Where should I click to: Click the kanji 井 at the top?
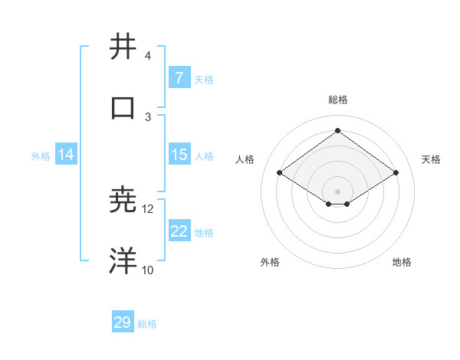pyautogui.click(x=123, y=47)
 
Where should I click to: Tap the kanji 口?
pyautogui.click(x=123, y=108)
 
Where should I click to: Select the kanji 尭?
pyautogui.click(x=123, y=200)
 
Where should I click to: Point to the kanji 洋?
pyautogui.click(x=123, y=261)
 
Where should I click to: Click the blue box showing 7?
pyautogui.click(x=179, y=78)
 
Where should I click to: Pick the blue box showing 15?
pyautogui.click(x=179, y=155)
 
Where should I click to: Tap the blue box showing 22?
pyautogui.click(x=179, y=231)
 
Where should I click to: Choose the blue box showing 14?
pyautogui.click(x=66, y=155)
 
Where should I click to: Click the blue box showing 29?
pyautogui.click(x=122, y=322)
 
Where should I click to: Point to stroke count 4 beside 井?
pyautogui.click(x=148, y=55)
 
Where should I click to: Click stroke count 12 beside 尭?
pyautogui.click(x=148, y=208)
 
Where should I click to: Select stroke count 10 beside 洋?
pyautogui.click(x=148, y=270)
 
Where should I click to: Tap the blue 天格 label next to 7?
pyautogui.click(x=204, y=79)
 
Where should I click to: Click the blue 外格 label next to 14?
pyautogui.click(x=41, y=155)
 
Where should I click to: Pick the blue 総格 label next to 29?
pyautogui.click(x=147, y=324)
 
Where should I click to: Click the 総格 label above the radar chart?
pyautogui.click(x=337, y=100)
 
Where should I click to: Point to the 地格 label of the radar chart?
pyautogui.click(x=402, y=262)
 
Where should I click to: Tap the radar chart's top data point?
pyautogui.click(x=337, y=131)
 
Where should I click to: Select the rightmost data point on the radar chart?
pyautogui.click(x=396, y=173)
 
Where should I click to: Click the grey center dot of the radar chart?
pyautogui.click(x=337, y=191)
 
